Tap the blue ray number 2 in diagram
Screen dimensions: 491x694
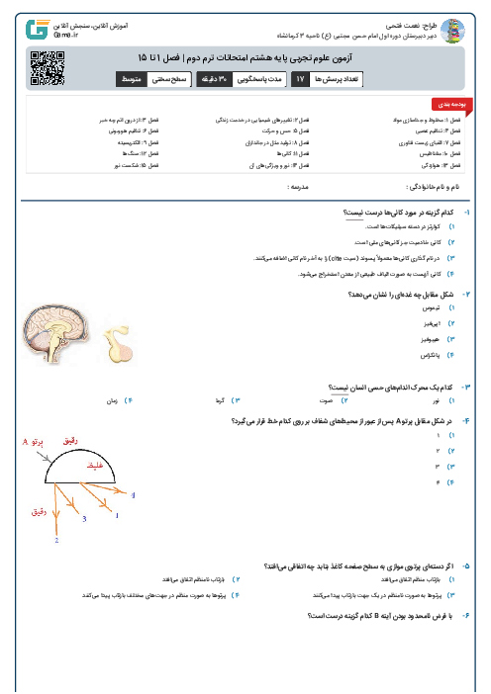click(x=56, y=541)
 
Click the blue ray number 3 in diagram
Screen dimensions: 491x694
click(x=85, y=517)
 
